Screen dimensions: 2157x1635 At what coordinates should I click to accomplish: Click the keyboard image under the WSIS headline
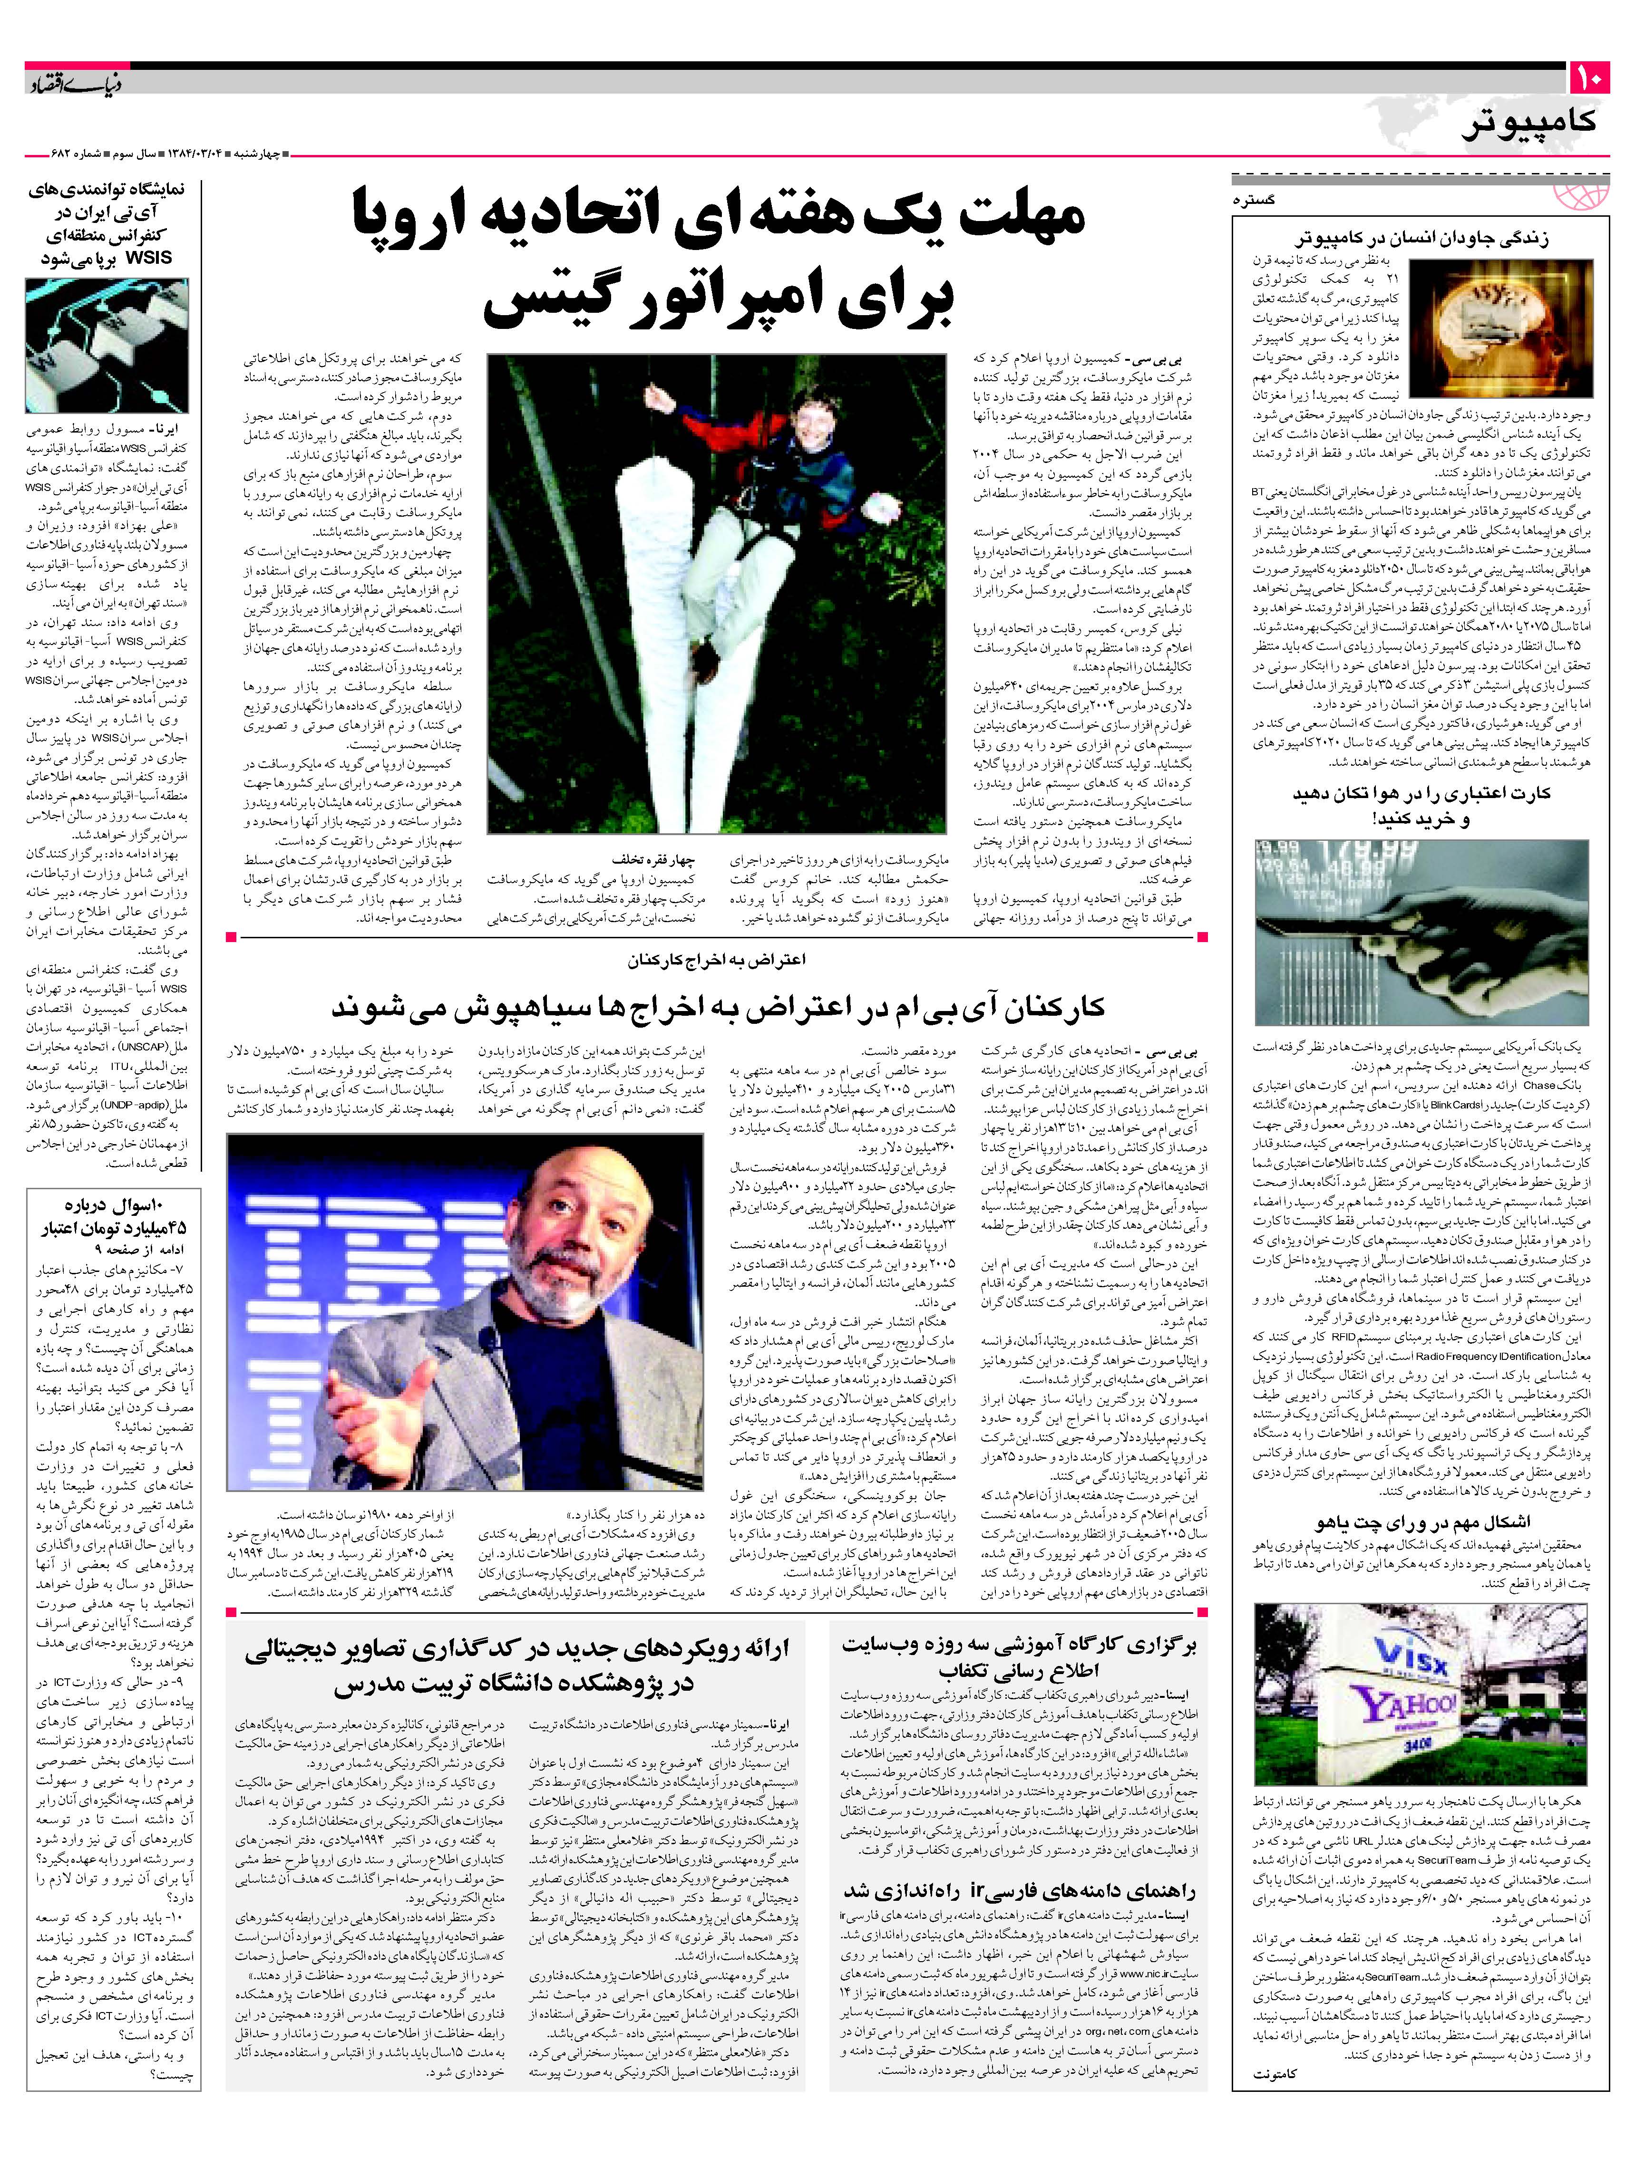[107, 347]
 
